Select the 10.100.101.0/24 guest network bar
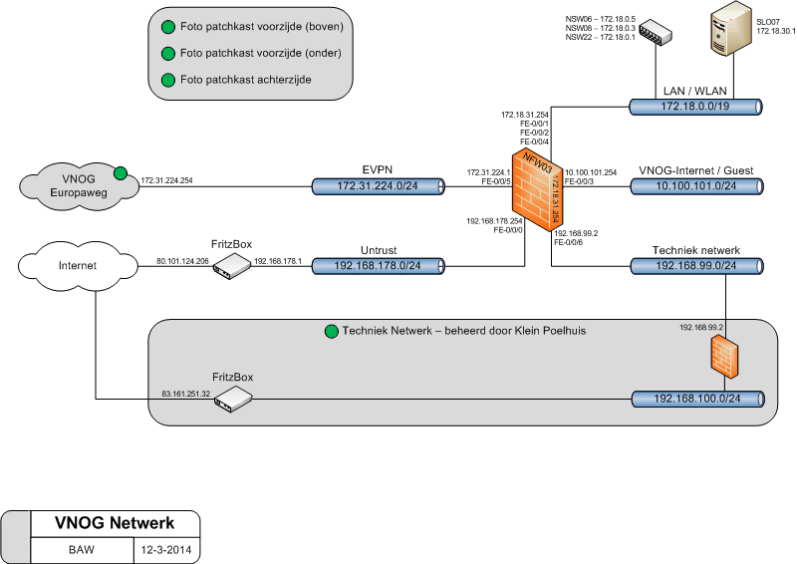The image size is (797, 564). pos(696,186)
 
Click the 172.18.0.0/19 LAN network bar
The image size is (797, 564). pos(696,106)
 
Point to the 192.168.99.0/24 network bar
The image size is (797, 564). pos(696,267)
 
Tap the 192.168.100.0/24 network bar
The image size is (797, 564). pos(696,400)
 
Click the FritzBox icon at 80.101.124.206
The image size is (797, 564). pos(232,266)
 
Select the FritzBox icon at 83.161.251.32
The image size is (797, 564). pos(232,400)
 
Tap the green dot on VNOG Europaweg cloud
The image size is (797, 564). pos(122,173)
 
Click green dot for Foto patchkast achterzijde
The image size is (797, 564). pos(167,80)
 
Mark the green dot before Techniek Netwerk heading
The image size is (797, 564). pos(331,331)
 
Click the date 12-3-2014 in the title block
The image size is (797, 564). pos(165,549)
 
